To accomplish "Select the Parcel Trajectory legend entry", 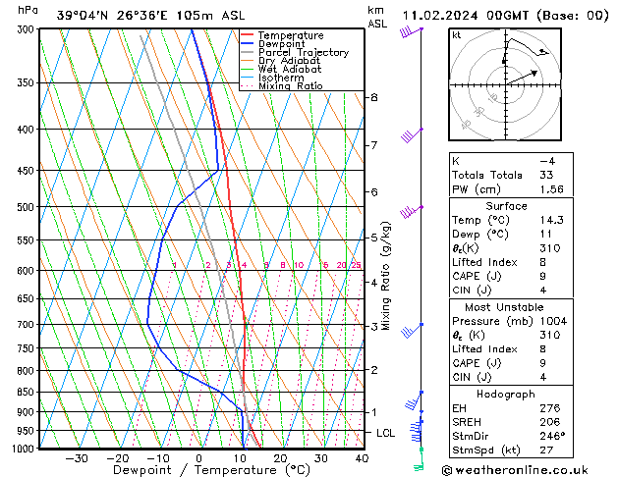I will click(303, 52).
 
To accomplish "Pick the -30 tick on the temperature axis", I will click(76, 458).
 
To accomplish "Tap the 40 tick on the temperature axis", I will click(362, 458).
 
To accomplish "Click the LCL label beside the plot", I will click(387, 433).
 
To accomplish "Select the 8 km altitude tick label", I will click(374, 97).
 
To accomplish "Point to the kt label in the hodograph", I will click(457, 35).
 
